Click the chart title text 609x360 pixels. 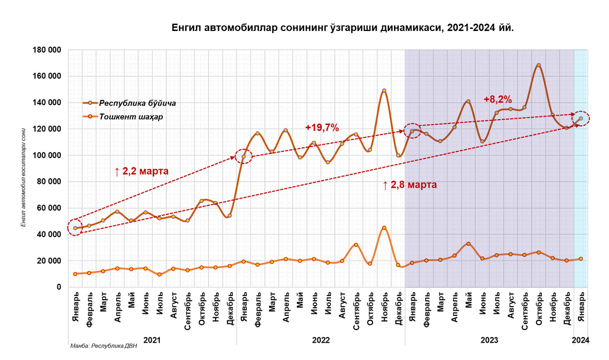tap(343, 28)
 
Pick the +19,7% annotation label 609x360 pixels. tap(322, 127)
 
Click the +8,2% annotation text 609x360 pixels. tap(497, 100)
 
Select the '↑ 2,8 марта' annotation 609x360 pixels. tap(410, 185)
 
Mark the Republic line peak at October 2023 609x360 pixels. tap(538, 66)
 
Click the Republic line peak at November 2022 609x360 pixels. tap(384, 91)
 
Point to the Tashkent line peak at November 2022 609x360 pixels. tap(384, 228)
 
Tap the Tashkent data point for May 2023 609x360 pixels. tap(468, 244)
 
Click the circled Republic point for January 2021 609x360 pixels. tap(76, 228)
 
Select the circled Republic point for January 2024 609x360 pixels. tap(581, 118)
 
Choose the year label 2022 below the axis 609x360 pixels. tap(321, 340)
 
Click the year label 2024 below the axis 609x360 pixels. tap(581, 340)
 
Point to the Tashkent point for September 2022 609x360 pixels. tap(356, 245)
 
